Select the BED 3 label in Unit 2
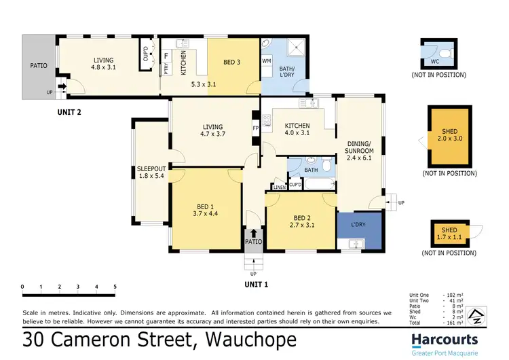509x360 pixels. [233, 62]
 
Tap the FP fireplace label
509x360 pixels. [255, 127]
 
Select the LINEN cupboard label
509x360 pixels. [279, 187]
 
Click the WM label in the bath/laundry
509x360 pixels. [266, 61]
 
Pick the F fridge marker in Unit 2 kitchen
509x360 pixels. [166, 56]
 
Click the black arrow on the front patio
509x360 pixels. [254, 233]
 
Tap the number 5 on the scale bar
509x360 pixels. [115, 287]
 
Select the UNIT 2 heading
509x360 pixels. [69, 112]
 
